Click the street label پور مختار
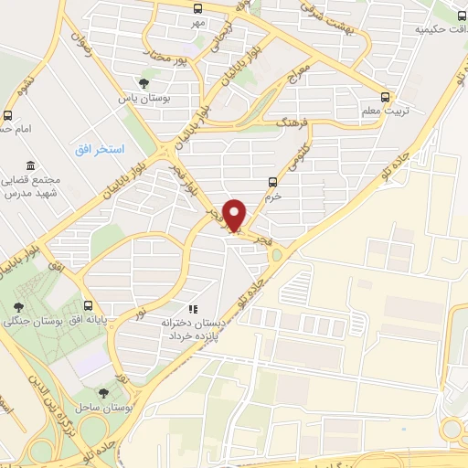point(171,58)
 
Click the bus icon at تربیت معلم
point(386,96)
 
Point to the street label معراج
point(300,70)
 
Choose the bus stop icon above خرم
point(271,181)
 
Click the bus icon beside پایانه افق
point(88,306)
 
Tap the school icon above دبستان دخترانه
point(192,309)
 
